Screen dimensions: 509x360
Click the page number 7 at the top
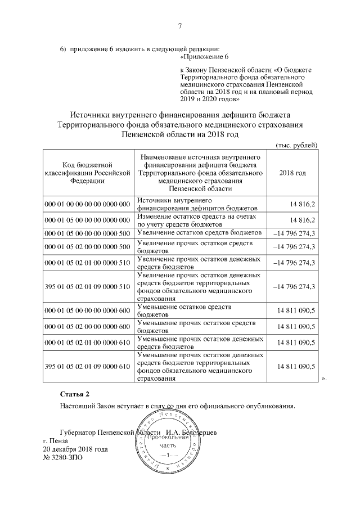coord(180,25)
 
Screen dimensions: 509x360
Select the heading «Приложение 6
coord(204,57)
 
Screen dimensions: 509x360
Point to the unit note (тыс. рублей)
coord(296,145)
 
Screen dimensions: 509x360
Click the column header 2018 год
coord(292,173)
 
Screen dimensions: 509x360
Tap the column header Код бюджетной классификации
coord(87,173)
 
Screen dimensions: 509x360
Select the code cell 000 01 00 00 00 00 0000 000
coord(87,204)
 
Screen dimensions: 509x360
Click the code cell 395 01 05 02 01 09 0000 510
coord(87,287)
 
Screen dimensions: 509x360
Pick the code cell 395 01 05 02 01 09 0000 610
coord(87,367)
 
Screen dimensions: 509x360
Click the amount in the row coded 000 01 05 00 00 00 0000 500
coord(293,233)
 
